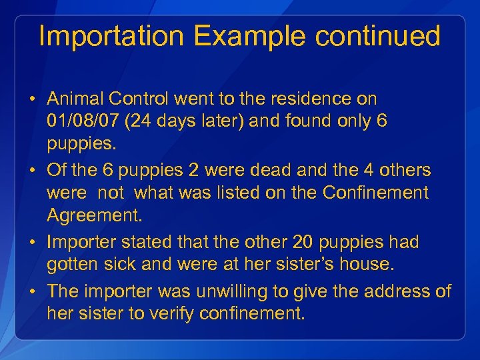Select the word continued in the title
(378, 36)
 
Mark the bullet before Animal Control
(32, 99)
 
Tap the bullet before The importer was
(32, 292)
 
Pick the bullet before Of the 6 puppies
(32, 171)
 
